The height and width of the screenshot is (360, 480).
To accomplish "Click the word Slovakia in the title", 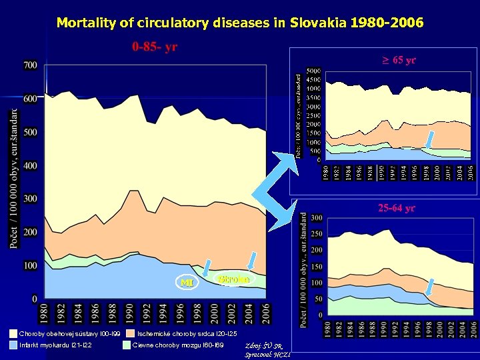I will point(318,23).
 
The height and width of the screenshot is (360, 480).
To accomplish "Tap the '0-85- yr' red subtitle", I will point(154,47).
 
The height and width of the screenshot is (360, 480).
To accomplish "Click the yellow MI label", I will point(187,283).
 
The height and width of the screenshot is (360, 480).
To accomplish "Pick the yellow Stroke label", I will point(233,279).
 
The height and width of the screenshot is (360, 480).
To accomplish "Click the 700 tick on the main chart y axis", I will point(30,65).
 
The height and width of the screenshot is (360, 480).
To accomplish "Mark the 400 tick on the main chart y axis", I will point(30,165).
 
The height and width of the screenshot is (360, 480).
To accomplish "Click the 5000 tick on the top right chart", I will point(313,70).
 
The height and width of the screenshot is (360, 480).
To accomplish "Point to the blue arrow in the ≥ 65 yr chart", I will point(430,139).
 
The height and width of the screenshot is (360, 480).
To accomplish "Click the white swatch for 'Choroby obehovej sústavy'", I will point(13,333).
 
